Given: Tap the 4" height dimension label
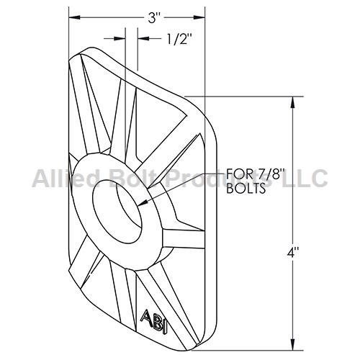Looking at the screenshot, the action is [293, 253].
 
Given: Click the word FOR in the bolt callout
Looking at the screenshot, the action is [237, 174].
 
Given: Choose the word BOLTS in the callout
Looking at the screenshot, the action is [246, 189].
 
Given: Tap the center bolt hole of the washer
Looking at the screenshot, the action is [117, 212].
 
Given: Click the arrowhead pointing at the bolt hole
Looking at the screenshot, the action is [143, 203].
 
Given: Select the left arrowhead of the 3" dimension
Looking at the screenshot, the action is [74, 17].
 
